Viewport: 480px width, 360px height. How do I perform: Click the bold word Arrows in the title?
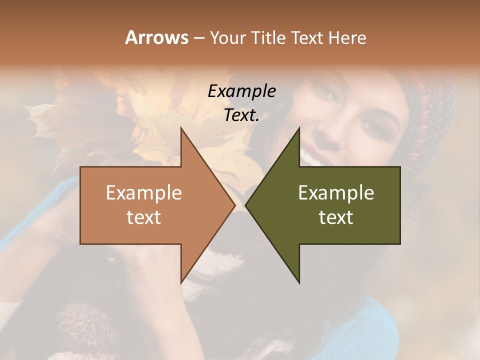point(156,37)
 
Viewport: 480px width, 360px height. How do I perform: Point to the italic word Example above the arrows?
point(241,91)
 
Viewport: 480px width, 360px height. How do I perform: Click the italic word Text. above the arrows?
point(241,115)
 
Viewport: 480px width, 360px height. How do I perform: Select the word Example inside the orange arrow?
point(144,193)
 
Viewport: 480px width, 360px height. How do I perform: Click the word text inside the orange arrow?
point(144,217)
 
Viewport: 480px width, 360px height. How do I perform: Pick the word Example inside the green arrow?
point(336,193)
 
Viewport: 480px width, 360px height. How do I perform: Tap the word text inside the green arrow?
point(336,217)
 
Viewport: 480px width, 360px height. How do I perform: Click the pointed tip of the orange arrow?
point(234,205)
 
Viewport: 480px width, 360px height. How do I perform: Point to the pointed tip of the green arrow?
point(246,205)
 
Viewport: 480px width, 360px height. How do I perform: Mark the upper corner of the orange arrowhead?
point(181,128)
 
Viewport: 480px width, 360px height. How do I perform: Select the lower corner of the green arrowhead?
point(299,282)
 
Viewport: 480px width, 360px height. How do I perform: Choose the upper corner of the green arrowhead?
point(299,128)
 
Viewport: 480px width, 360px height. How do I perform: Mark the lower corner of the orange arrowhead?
point(181,282)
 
